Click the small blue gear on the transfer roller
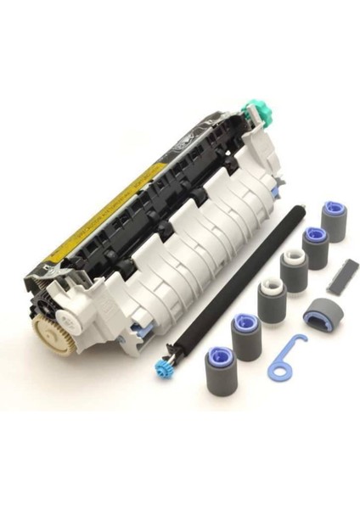(159, 374)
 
